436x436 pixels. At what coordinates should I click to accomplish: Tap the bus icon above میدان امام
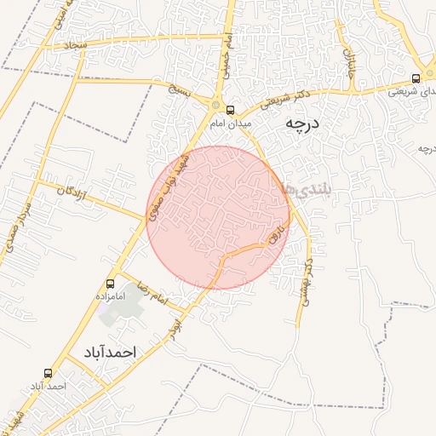[230, 110]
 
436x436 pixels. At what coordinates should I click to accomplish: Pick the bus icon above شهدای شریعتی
[416, 79]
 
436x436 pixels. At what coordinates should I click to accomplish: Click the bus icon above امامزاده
[110, 284]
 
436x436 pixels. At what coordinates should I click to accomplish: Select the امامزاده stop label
[110, 297]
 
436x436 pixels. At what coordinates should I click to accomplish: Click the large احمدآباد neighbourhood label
[110, 351]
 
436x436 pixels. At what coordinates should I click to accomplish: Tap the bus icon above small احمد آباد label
[48, 373]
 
